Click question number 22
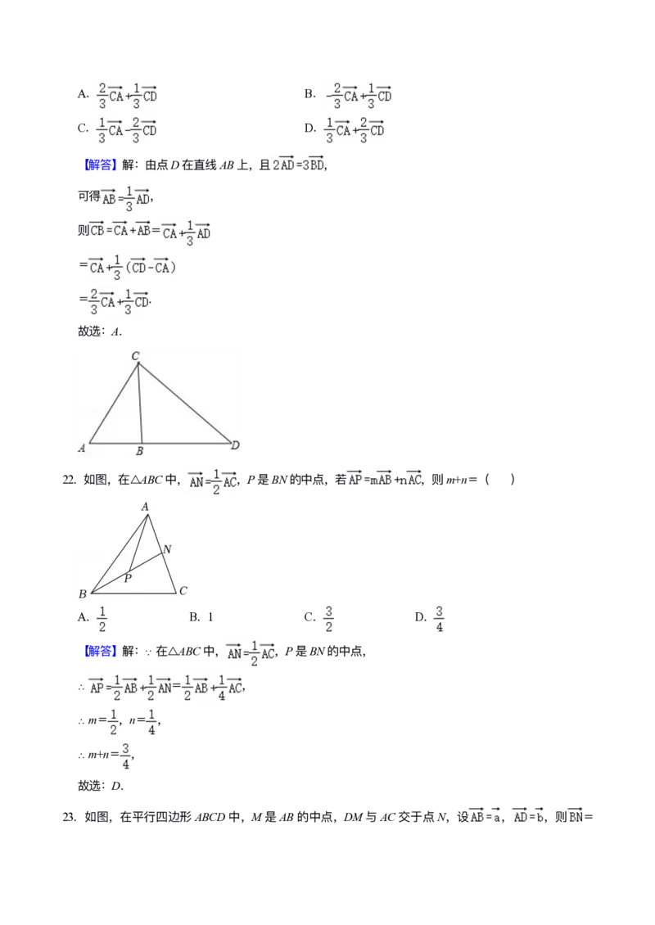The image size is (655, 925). click(x=69, y=480)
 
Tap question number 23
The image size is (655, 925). click(x=69, y=817)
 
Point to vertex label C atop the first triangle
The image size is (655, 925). click(x=135, y=356)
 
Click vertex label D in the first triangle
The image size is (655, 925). click(x=236, y=444)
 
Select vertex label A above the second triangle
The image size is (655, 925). click(x=145, y=506)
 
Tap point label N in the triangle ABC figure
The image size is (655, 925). click(x=167, y=549)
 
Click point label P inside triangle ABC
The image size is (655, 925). click(x=128, y=579)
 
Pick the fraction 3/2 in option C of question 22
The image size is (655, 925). click(x=328, y=619)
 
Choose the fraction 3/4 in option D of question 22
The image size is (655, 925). click(x=439, y=619)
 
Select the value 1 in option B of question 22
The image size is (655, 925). click(x=210, y=618)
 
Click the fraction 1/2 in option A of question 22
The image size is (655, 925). click(x=102, y=619)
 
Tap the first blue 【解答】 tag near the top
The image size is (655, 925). click(x=98, y=165)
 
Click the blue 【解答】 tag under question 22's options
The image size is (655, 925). click(x=98, y=652)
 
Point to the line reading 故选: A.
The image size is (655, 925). click(x=100, y=332)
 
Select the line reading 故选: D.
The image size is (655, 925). click(x=101, y=786)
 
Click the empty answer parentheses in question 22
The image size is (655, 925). click(x=499, y=480)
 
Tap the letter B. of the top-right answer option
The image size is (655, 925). click(x=310, y=94)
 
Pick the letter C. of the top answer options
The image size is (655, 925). click(x=84, y=128)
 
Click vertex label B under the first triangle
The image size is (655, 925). click(x=140, y=451)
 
